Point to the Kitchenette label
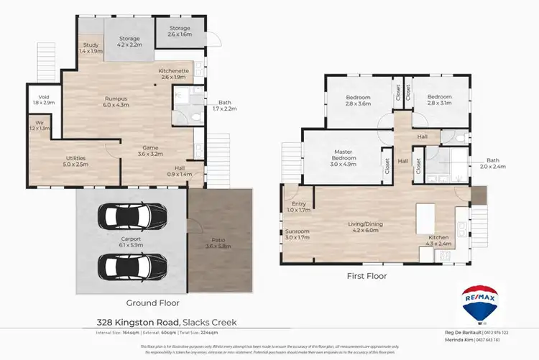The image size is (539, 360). tap(173, 71)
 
